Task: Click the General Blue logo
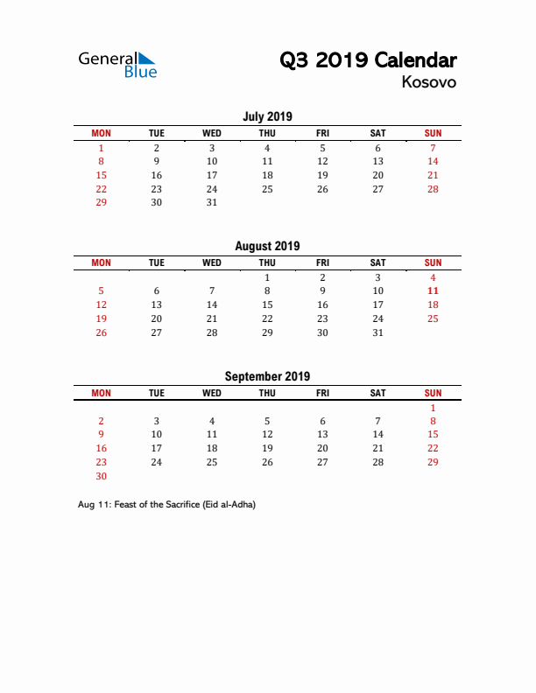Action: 117,64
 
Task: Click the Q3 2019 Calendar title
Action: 368,60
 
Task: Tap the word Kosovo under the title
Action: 429,82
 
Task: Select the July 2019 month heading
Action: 267,116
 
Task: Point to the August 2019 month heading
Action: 267,246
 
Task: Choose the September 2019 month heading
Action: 267,376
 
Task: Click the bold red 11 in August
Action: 433,290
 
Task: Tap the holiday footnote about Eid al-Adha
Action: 166,504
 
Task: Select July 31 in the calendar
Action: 212,202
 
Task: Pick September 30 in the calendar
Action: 101,476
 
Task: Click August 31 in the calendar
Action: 377,332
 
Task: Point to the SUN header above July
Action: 433,133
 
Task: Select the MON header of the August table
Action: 101,262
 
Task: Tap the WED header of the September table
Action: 212,393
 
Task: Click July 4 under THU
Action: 267,148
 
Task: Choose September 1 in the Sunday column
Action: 433,407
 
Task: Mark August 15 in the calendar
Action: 267,304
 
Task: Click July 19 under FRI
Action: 322,175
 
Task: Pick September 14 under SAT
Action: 377,434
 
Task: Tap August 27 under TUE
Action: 156,332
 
